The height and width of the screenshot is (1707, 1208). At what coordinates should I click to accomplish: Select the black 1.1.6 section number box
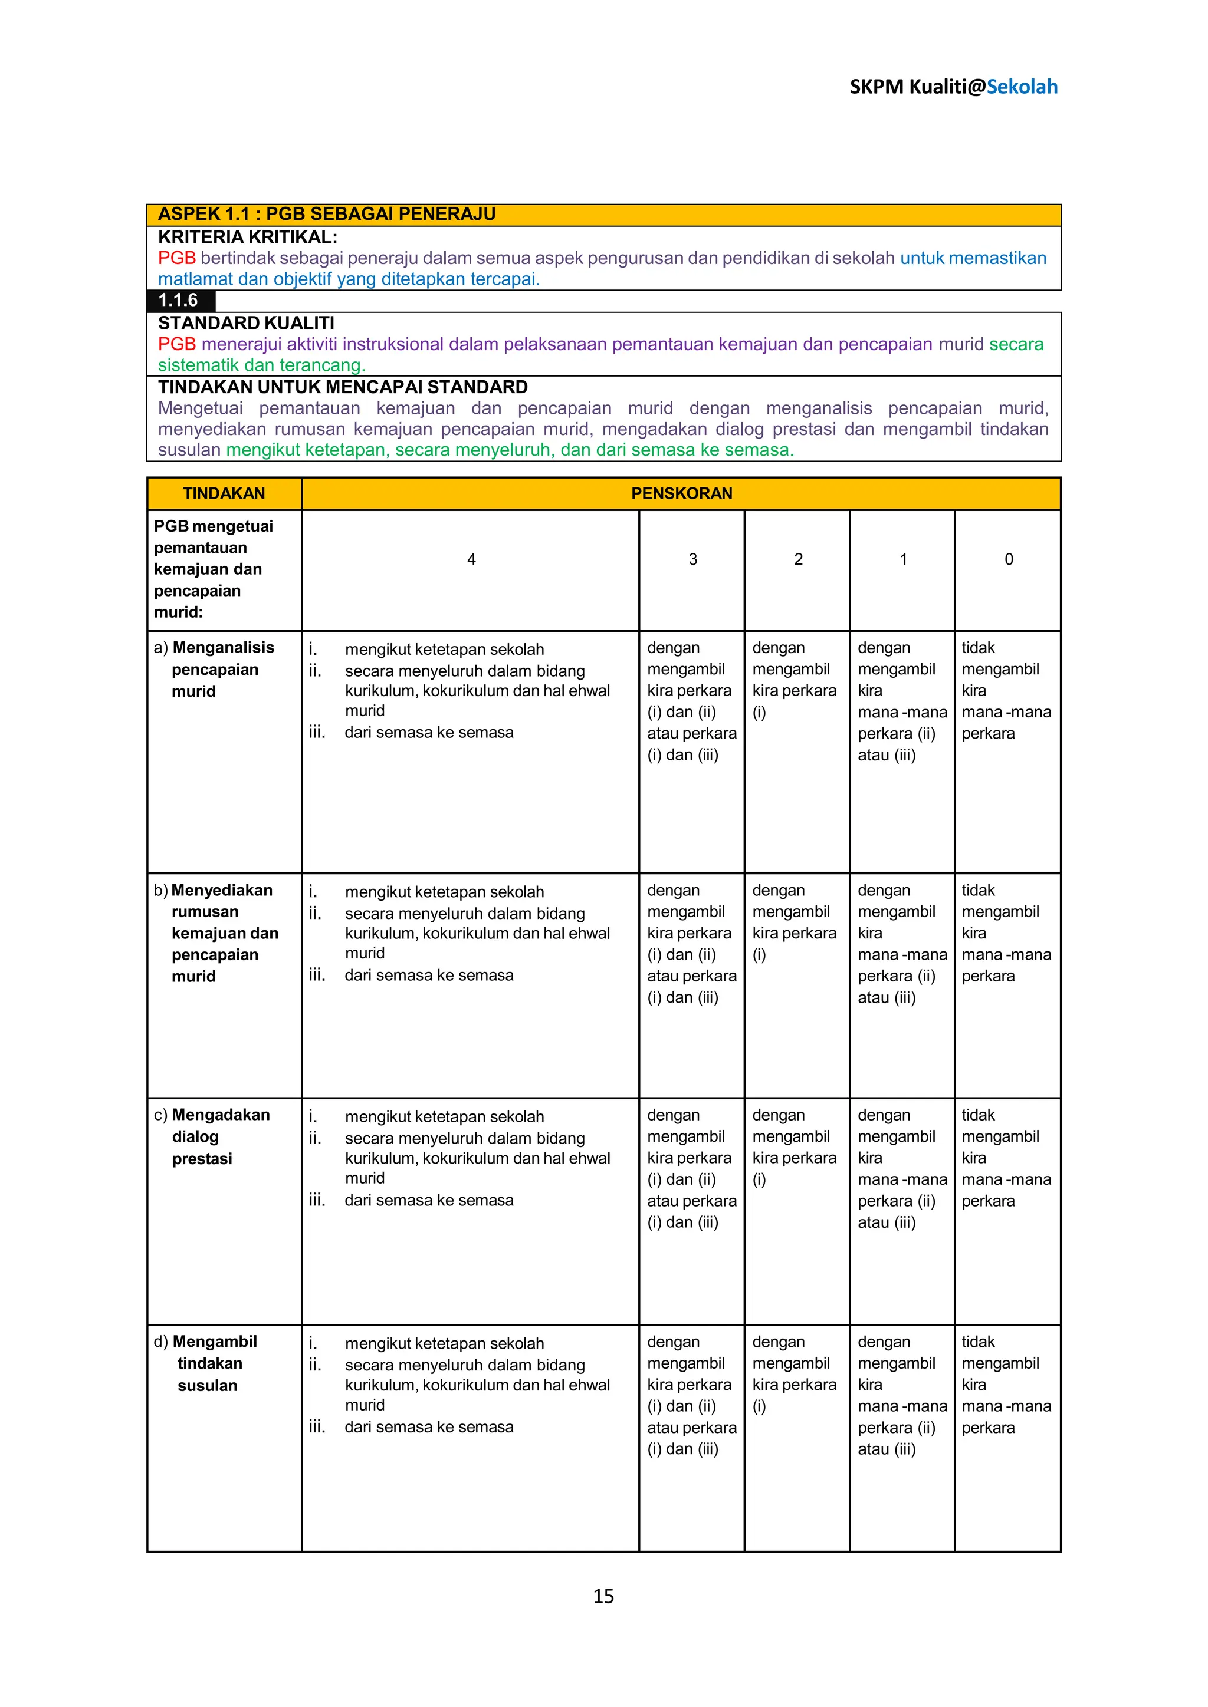pos(180,301)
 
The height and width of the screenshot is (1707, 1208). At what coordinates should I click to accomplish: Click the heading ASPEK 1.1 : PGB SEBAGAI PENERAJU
pos(327,214)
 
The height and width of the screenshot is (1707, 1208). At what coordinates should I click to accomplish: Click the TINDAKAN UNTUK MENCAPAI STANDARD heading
pos(343,387)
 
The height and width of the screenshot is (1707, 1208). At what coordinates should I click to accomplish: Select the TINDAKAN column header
pos(224,494)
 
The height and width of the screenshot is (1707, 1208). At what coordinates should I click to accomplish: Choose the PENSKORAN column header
pos(681,494)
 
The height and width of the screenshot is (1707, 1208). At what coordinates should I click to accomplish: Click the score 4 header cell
pos(471,559)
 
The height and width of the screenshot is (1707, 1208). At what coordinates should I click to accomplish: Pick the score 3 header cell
pos(692,559)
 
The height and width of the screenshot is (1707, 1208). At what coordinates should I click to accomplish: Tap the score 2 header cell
pos(798,559)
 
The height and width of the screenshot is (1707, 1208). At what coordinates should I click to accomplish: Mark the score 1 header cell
pos(903,559)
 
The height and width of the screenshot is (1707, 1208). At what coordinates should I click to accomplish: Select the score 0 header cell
pos(1009,559)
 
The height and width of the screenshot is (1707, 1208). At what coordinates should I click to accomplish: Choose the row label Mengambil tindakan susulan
pos(209,1363)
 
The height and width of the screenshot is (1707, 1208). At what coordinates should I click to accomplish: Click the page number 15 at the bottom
pos(603,1596)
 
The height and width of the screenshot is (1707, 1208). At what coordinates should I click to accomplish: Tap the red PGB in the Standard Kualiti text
pos(176,344)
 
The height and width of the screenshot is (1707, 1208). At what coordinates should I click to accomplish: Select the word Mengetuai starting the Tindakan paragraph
pos(200,408)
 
